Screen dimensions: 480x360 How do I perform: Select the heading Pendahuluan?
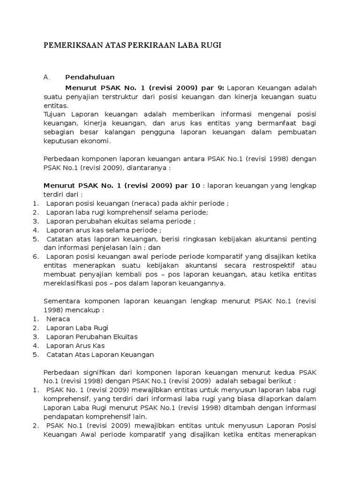(x=90, y=77)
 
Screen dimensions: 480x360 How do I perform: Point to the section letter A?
(x=46, y=77)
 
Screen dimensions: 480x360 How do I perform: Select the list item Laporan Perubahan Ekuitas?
(x=91, y=337)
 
